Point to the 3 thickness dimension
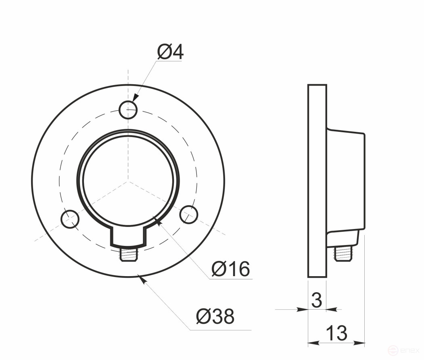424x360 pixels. pos(317,300)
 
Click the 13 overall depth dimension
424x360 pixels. pos(336,333)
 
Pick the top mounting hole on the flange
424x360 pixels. pos(128,110)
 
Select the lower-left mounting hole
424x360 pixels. pos(70,218)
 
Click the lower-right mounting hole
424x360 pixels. pos(189,214)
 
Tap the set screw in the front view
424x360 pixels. pos(129,254)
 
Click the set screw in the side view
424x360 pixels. pos(343,253)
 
